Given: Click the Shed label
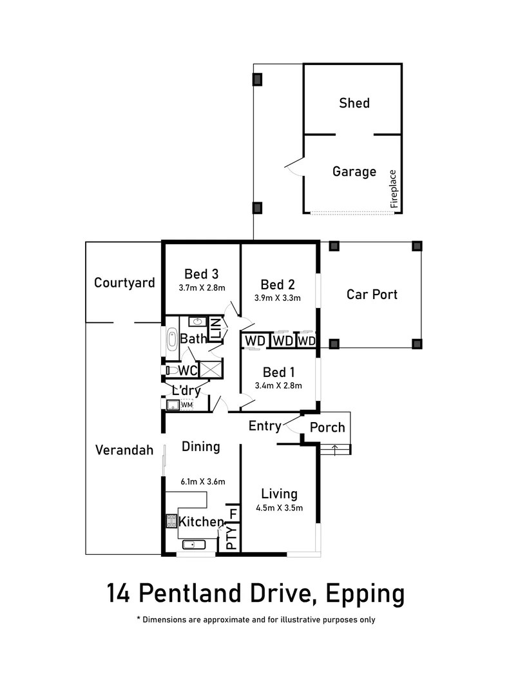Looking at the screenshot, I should (354, 103).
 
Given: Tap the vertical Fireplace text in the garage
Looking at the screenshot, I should (394, 188).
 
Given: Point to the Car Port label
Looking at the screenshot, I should (372, 295).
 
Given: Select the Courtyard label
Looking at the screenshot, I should (124, 282).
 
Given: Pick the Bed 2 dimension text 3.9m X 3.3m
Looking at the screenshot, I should (278, 298).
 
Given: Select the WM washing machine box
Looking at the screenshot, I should (186, 405).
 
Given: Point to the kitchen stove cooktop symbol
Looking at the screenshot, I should (171, 521).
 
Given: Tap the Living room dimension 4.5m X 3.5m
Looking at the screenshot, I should (279, 508).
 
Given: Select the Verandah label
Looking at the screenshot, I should (124, 450).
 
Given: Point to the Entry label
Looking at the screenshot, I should (265, 426).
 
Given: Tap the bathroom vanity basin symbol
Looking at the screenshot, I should (196, 321).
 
